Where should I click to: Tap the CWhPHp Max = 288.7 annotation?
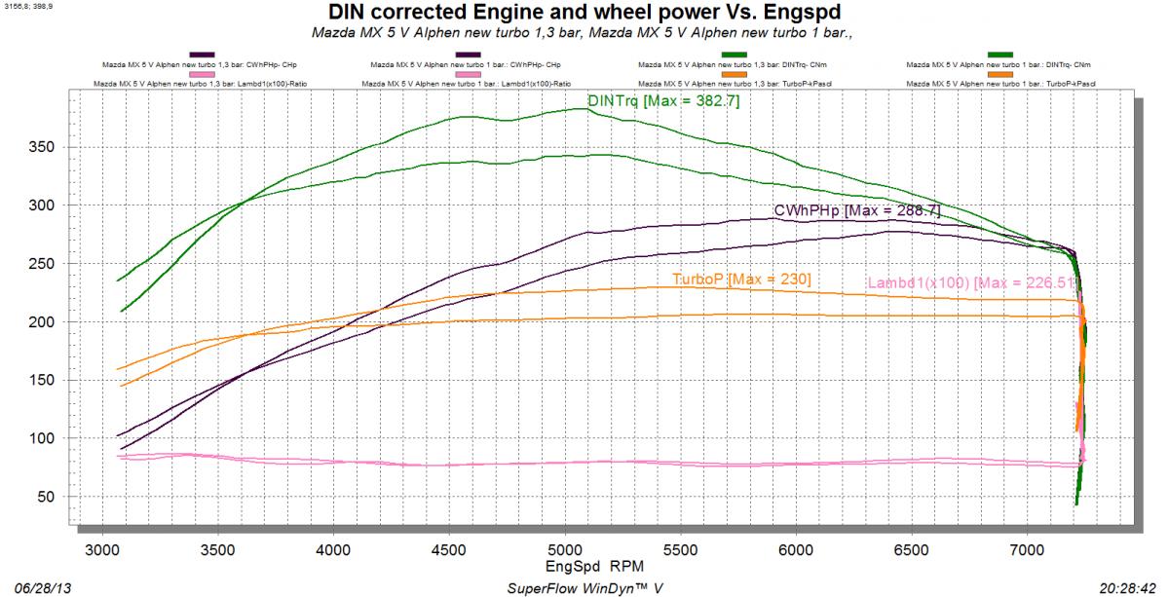click(x=856, y=210)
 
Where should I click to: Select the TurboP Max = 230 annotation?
click(x=741, y=280)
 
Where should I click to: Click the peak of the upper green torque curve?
click(x=582, y=109)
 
